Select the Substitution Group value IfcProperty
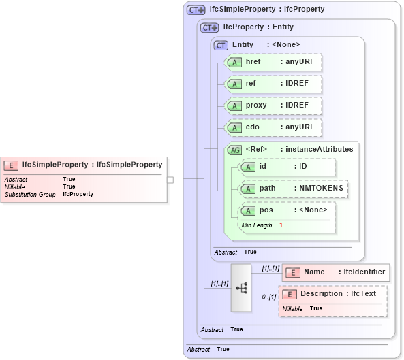pyautogui.click(x=78, y=195)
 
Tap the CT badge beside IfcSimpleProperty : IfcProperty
pyautogui.click(x=196, y=10)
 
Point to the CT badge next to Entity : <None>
pyautogui.click(x=221, y=45)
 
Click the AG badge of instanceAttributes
pyautogui.click(x=234, y=150)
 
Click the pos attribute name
pyautogui.click(x=266, y=210)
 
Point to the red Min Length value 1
pyautogui.click(x=281, y=225)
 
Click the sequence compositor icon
pyautogui.click(x=241, y=287)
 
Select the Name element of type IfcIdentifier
pyautogui.click(x=336, y=272)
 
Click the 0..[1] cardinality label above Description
pyautogui.click(x=268, y=297)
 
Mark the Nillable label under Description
pyautogui.click(x=292, y=309)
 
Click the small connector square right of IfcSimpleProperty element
pyautogui.click(x=170, y=180)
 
